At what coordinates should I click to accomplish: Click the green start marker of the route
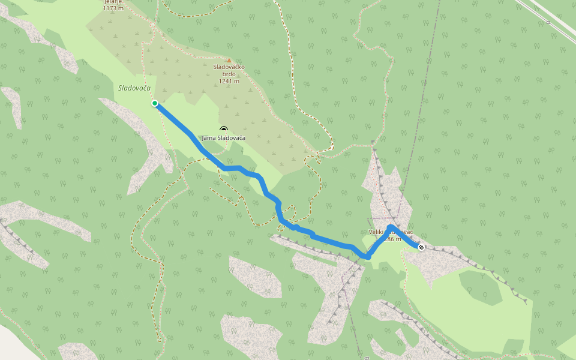click(x=155, y=103)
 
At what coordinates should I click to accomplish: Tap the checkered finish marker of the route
click(x=421, y=247)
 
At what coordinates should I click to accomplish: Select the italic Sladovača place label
click(x=134, y=88)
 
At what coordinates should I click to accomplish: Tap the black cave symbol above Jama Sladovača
click(x=224, y=129)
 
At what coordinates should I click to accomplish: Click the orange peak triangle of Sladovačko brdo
click(x=229, y=60)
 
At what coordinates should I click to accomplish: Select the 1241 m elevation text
click(x=229, y=82)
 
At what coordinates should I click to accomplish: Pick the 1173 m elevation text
click(x=113, y=8)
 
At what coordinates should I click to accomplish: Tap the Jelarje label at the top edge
click(x=113, y=2)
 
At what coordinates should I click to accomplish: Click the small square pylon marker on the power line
click(x=548, y=22)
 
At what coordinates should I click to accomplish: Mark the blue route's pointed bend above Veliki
click(x=390, y=226)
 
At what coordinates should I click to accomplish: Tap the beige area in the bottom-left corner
click(x=15, y=342)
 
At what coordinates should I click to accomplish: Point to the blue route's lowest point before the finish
click(x=367, y=257)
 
